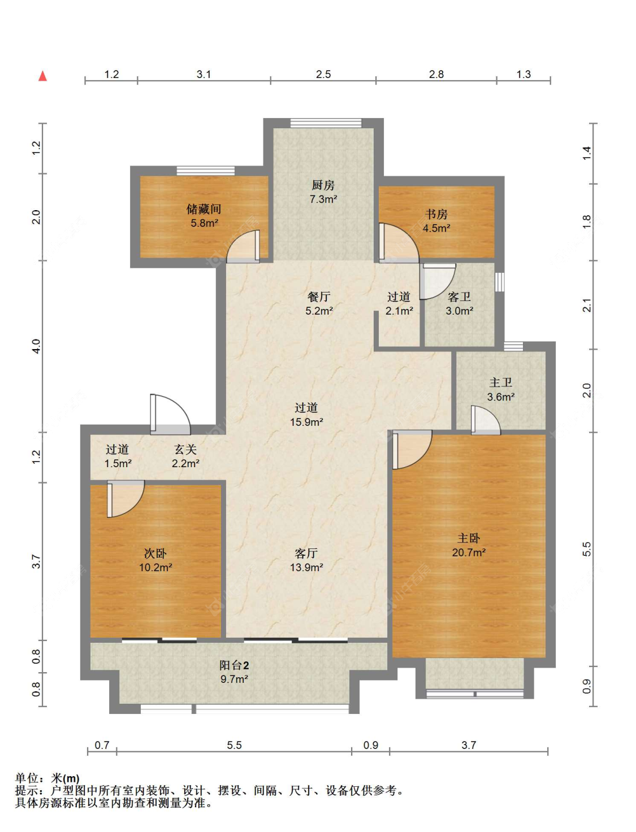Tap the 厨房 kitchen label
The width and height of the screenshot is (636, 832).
(x=323, y=185)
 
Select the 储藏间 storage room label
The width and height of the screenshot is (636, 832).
(x=204, y=209)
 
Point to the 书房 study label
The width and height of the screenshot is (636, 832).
(x=436, y=214)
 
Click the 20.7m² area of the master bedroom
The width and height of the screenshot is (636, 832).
(x=469, y=552)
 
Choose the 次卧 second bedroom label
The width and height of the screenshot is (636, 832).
(x=155, y=554)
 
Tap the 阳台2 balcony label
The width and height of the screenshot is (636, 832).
(x=234, y=665)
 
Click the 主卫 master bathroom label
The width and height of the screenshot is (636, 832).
(x=501, y=382)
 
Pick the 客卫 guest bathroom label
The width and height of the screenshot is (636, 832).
(x=459, y=297)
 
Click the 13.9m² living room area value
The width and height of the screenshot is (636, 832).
(x=306, y=568)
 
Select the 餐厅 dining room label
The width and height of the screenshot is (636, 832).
(x=319, y=297)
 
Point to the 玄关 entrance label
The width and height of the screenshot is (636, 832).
(x=185, y=449)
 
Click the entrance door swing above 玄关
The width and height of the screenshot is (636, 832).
(x=170, y=414)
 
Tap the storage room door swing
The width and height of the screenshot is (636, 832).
(x=243, y=246)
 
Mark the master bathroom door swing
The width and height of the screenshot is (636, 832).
(x=486, y=420)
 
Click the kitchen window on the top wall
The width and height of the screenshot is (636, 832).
(x=326, y=123)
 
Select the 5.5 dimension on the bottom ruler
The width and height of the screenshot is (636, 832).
(x=234, y=745)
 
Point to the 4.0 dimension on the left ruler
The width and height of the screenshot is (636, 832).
(x=36, y=346)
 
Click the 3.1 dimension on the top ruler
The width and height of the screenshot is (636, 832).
(x=204, y=75)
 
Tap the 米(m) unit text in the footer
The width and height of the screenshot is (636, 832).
(x=65, y=778)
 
